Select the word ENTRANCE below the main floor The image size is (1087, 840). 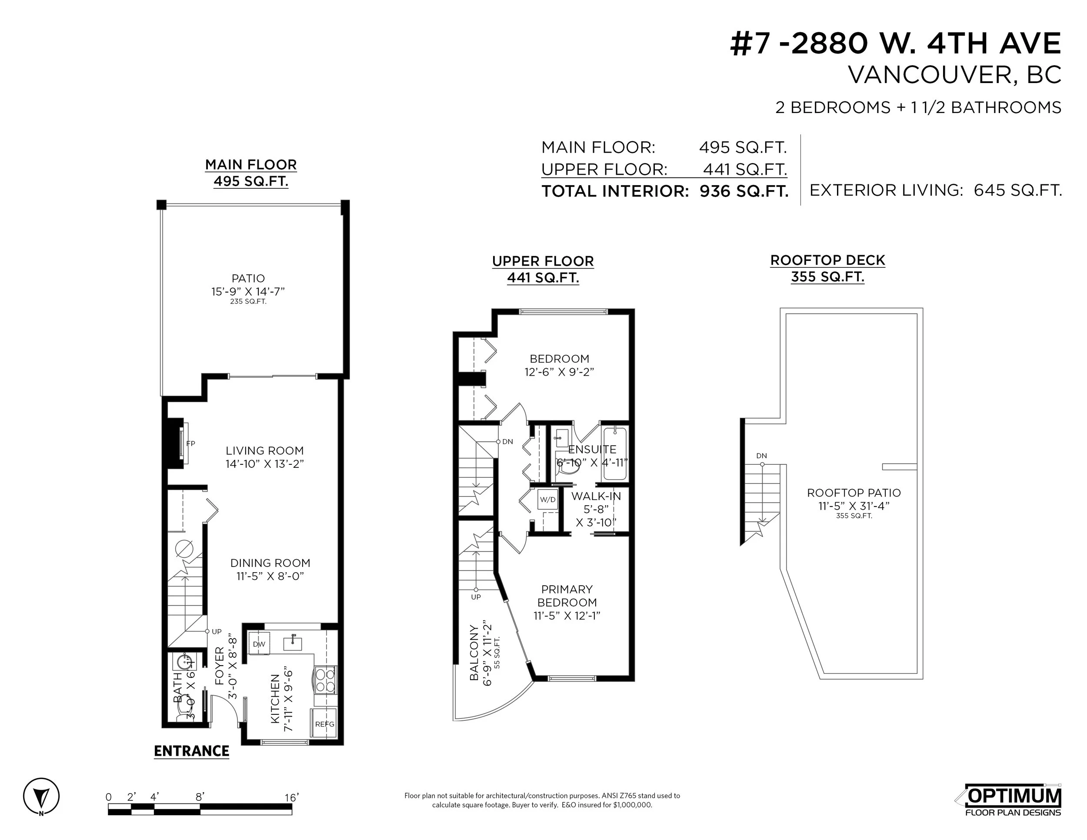pyautogui.click(x=192, y=751)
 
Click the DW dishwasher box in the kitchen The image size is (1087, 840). pyautogui.click(x=259, y=644)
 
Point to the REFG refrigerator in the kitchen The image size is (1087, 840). pyautogui.click(x=324, y=724)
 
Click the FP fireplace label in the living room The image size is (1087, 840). pyautogui.click(x=190, y=443)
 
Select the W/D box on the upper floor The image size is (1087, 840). pyautogui.click(x=547, y=500)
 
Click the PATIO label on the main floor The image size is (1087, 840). pyautogui.click(x=248, y=279)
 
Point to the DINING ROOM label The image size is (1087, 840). pyautogui.click(x=270, y=563)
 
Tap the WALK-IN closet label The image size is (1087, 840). pyautogui.click(x=596, y=496)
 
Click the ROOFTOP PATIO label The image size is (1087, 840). pyautogui.click(x=854, y=493)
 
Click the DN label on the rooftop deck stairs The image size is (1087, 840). pyautogui.click(x=761, y=455)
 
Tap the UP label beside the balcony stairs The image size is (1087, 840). pyautogui.click(x=476, y=597)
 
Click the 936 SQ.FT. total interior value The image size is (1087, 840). pyautogui.click(x=744, y=191)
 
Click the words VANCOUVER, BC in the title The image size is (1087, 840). pyautogui.click(x=954, y=75)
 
